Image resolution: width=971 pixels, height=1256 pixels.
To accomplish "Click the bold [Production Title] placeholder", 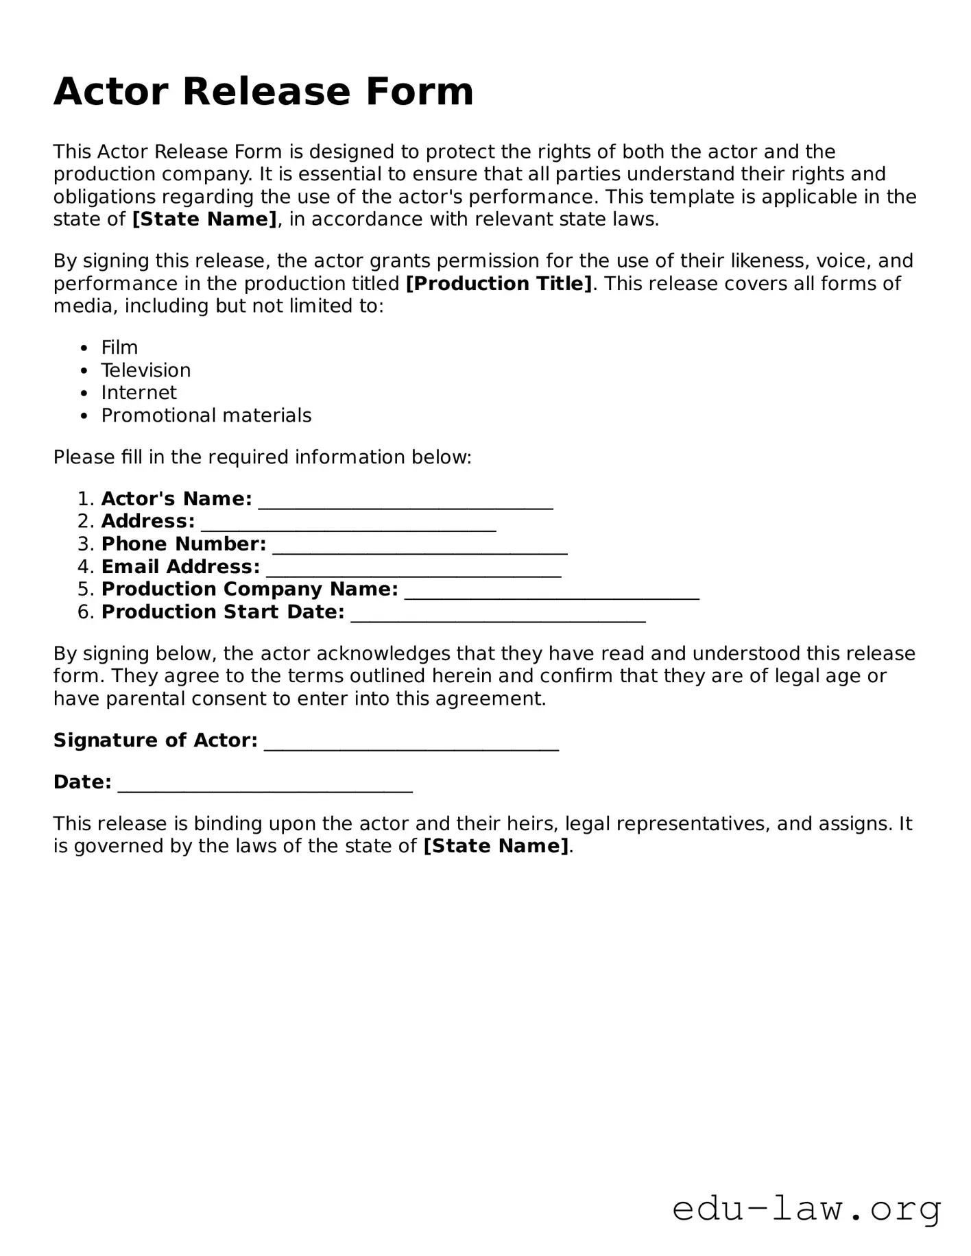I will point(499,284).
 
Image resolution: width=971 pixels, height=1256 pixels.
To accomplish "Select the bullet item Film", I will point(119,348).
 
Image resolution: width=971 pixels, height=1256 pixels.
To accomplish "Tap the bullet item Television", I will point(146,370).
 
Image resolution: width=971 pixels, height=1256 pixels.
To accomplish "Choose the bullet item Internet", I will point(139,393).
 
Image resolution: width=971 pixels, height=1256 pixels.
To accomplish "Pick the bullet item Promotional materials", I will point(206,415).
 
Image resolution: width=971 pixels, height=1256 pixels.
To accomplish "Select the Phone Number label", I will point(184,544).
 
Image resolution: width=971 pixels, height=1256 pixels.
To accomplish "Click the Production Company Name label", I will point(250,590).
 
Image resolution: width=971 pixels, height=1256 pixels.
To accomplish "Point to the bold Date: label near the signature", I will point(82,782).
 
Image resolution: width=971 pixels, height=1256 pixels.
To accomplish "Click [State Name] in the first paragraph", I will point(204,219).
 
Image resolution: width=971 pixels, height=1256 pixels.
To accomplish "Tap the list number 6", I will point(84,612).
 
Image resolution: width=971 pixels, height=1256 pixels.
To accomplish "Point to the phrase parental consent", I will point(163,699).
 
